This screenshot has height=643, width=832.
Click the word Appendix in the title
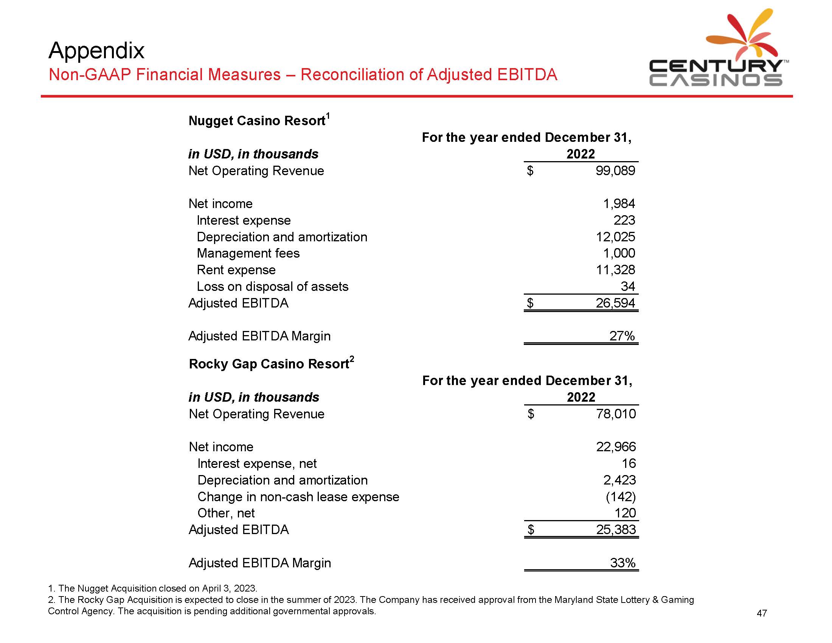(x=96, y=50)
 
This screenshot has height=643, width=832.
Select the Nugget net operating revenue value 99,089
(x=615, y=171)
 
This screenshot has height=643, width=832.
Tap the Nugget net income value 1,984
(x=619, y=204)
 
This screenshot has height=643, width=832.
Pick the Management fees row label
(x=248, y=253)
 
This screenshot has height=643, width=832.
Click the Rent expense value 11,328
(x=615, y=270)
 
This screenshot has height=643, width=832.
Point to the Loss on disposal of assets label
(x=272, y=286)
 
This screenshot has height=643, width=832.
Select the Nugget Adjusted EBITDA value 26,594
(x=615, y=303)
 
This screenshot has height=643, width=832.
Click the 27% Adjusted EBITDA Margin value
(x=622, y=336)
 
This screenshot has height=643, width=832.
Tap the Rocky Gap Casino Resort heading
(x=269, y=364)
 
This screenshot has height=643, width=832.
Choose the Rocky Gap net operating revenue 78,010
(x=616, y=414)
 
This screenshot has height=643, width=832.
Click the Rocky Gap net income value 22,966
(x=616, y=447)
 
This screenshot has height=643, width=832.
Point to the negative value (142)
(x=621, y=497)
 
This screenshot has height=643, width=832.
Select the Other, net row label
(x=226, y=514)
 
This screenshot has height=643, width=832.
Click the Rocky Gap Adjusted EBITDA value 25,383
(x=616, y=530)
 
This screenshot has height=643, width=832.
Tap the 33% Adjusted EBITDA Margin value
(x=622, y=563)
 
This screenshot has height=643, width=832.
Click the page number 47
(x=762, y=613)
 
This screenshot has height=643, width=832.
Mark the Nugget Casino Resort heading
(x=257, y=121)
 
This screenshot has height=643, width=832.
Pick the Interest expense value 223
(x=624, y=220)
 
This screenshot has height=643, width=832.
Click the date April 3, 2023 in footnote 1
(x=229, y=588)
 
